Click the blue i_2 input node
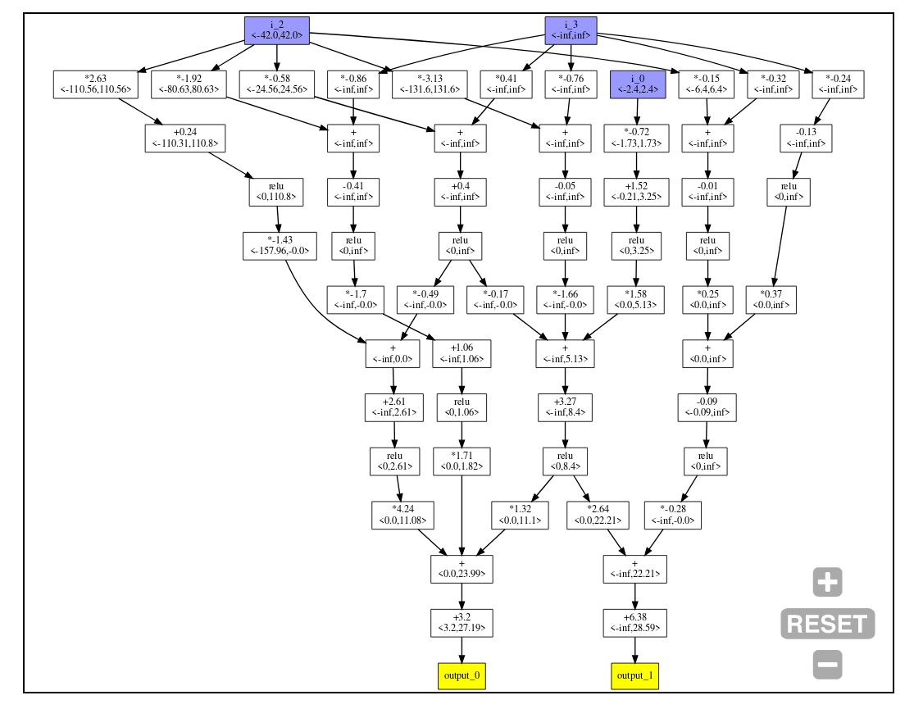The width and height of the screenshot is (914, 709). click(x=276, y=30)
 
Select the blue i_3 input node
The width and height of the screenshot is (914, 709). click(x=571, y=30)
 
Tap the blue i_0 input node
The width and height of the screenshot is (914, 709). click(x=637, y=84)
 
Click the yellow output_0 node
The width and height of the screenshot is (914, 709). click(x=462, y=675)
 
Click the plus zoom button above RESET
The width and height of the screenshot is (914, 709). click(x=827, y=582)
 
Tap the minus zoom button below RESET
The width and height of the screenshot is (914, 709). click(x=827, y=664)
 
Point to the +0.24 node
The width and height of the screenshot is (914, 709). click(x=185, y=138)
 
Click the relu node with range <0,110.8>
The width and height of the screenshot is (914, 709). click(x=275, y=192)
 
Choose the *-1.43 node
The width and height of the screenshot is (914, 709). click(x=280, y=246)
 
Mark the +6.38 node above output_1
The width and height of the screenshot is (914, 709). click(x=634, y=622)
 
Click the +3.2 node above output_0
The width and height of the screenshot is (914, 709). click(x=462, y=622)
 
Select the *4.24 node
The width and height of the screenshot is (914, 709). click(x=402, y=514)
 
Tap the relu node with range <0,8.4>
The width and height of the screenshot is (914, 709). click(x=565, y=461)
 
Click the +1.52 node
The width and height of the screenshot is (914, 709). click(x=635, y=192)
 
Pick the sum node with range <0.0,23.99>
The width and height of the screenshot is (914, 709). click(x=462, y=568)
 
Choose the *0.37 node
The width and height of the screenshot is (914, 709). click(x=771, y=299)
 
